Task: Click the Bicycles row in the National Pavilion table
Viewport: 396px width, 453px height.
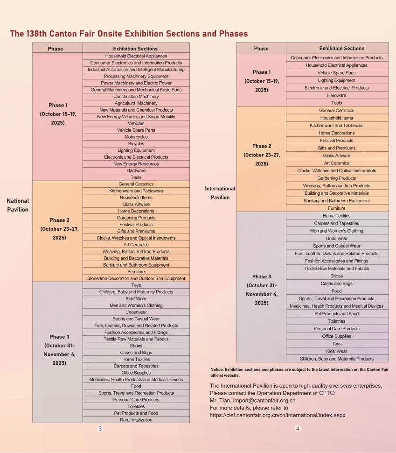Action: [136, 144]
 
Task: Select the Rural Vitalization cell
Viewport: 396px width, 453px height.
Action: [136, 420]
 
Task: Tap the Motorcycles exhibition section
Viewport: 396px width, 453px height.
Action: [136, 137]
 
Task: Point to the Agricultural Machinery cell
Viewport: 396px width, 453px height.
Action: [136, 103]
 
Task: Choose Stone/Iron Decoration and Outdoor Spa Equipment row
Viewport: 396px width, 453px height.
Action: [136, 278]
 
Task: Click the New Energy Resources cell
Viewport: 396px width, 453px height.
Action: [136, 164]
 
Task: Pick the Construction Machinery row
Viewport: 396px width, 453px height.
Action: [136, 96]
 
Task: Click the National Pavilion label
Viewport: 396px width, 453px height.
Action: [18, 205]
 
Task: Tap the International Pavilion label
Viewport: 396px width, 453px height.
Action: [220, 193]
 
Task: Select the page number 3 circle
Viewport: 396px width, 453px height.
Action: [100, 429]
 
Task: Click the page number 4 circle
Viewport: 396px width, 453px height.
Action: [298, 429]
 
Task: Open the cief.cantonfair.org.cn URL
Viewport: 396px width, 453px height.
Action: [277, 415]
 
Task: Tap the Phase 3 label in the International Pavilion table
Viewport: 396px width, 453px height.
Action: [261, 276]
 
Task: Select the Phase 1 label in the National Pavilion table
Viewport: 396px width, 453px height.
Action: [58, 105]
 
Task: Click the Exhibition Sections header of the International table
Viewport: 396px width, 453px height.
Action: [341, 48]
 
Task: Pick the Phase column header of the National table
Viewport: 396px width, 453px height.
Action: [55, 49]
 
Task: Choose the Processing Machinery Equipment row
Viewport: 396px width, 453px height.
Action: [136, 76]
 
